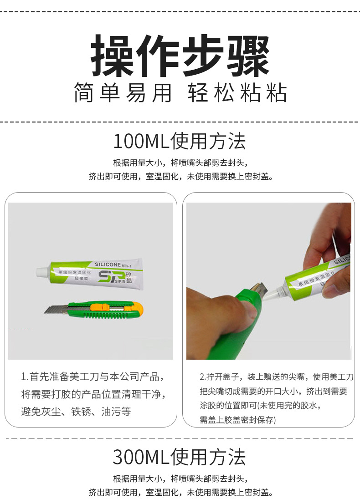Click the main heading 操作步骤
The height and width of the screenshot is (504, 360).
180,56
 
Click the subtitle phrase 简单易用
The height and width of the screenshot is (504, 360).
123,93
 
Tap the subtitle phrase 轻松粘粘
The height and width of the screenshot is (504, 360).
237,93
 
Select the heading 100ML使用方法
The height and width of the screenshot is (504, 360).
180,141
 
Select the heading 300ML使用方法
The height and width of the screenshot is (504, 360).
180,457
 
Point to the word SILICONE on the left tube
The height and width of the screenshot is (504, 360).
108,264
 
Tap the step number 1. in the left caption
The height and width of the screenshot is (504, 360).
25,377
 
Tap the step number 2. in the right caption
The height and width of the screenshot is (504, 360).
203,377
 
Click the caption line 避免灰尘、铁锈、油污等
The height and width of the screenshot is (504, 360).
76,412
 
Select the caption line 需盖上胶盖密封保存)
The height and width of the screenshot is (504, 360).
237,420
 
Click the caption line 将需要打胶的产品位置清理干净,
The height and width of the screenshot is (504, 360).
93,394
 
